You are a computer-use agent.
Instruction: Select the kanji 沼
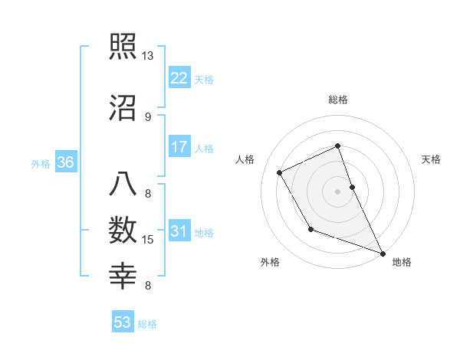pyautogui.click(x=123, y=106)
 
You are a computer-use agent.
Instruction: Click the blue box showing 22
pyautogui.click(x=179, y=78)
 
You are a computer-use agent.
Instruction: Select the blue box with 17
pyautogui.click(x=179, y=146)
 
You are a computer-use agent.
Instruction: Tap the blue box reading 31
pyautogui.click(x=179, y=231)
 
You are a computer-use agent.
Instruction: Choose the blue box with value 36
pyautogui.click(x=65, y=162)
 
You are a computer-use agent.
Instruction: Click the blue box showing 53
pyautogui.click(x=123, y=322)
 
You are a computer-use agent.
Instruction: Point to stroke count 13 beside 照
pyautogui.click(x=148, y=56)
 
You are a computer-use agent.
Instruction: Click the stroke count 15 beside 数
pyautogui.click(x=149, y=241)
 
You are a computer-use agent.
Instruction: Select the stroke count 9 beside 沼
pyautogui.click(x=148, y=116)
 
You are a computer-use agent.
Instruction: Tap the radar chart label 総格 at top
pyautogui.click(x=338, y=100)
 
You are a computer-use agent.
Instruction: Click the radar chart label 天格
pyautogui.click(x=432, y=159)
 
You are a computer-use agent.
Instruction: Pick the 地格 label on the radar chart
pyautogui.click(x=402, y=263)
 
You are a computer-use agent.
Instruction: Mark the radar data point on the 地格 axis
pyautogui.click(x=383, y=253)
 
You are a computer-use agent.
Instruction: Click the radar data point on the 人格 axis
pyautogui.click(x=280, y=172)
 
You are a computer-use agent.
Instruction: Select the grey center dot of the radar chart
pyautogui.click(x=338, y=191)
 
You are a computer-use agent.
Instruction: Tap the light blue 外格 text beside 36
pyautogui.click(x=40, y=163)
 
